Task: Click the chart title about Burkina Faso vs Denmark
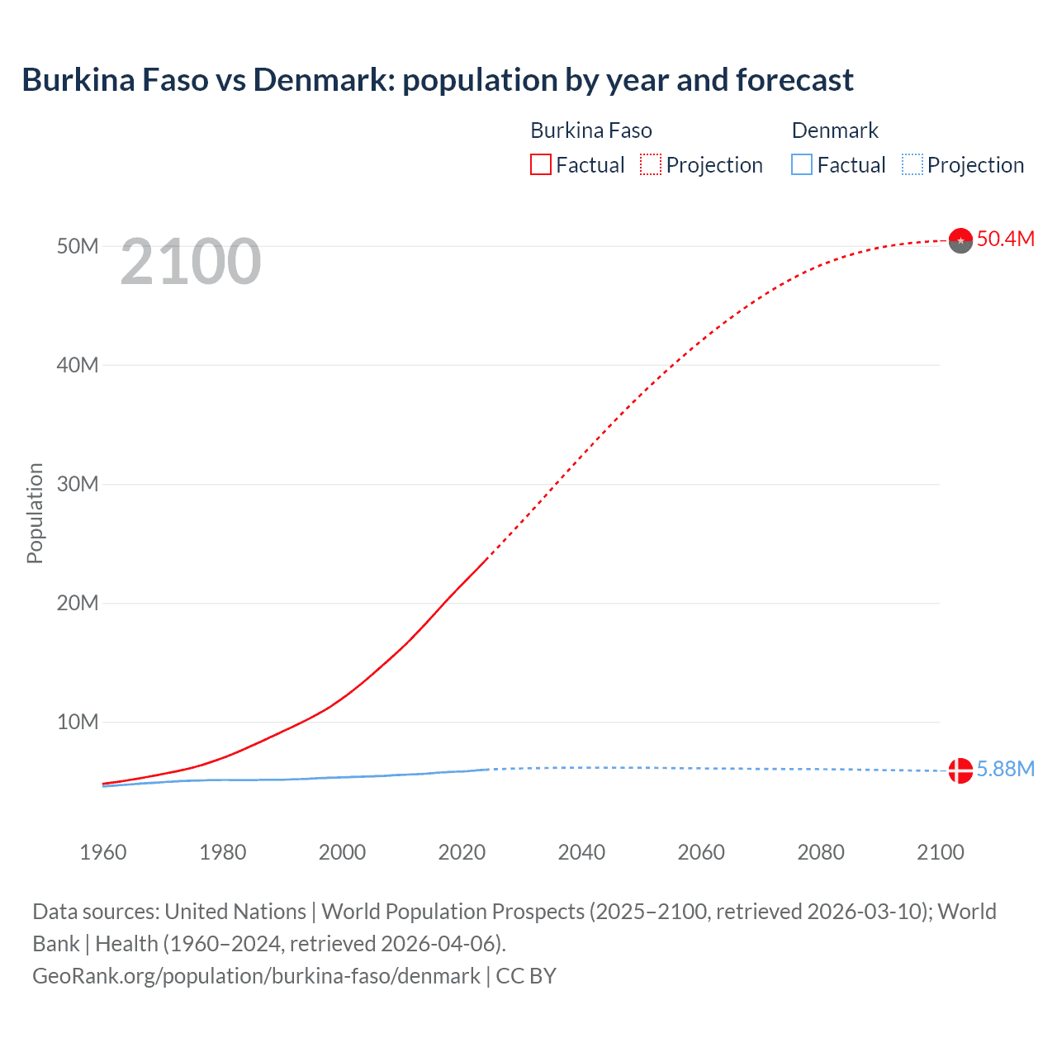[438, 80]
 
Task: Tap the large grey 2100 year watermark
[191, 263]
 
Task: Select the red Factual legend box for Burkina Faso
[541, 164]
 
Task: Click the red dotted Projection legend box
[651, 164]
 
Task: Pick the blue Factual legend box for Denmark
[802, 164]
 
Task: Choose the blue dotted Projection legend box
[912, 164]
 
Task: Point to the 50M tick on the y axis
[78, 246]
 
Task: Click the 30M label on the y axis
[78, 484]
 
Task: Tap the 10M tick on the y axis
[78, 722]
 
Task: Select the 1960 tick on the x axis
[103, 852]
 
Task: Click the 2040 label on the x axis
[581, 852]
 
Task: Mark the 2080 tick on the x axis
[821, 852]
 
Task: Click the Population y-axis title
[35, 513]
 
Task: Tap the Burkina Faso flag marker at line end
[960, 240]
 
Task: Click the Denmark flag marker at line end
[960, 770]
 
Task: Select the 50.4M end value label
[1005, 239]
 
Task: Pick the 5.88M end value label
[1005, 770]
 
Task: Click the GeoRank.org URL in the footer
[256, 976]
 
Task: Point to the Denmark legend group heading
[835, 130]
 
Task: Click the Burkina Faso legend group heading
[591, 130]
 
